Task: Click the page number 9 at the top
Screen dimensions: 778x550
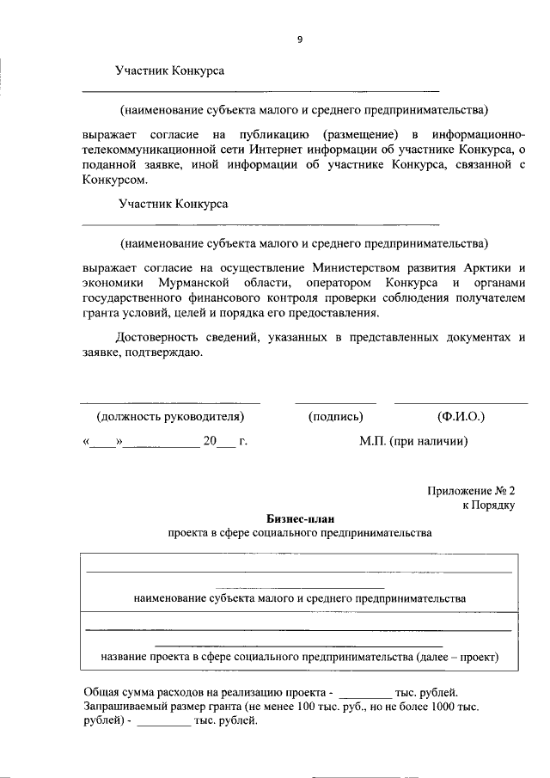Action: click(x=300, y=39)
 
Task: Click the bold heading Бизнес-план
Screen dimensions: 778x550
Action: click(x=300, y=518)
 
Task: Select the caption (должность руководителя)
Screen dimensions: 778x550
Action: click(x=170, y=416)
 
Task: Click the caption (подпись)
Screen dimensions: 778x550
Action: click(x=335, y=416)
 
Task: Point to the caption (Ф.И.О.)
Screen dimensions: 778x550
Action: click(x=461, y=416)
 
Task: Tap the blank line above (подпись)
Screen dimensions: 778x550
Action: click(x=335, y=402)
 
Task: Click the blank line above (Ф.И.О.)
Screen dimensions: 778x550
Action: click(x=461, y=402)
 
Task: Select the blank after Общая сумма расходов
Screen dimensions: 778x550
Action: click(x=366, y=693)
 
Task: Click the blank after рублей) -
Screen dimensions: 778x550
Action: click(x=164, y=723)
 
